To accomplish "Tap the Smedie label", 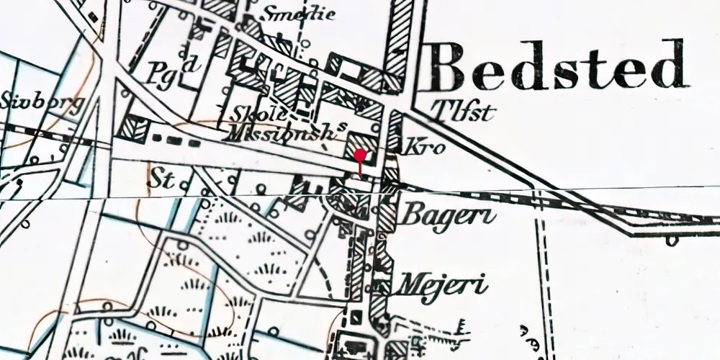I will (x=299, y=14).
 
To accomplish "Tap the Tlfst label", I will (x=466, y=111).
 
